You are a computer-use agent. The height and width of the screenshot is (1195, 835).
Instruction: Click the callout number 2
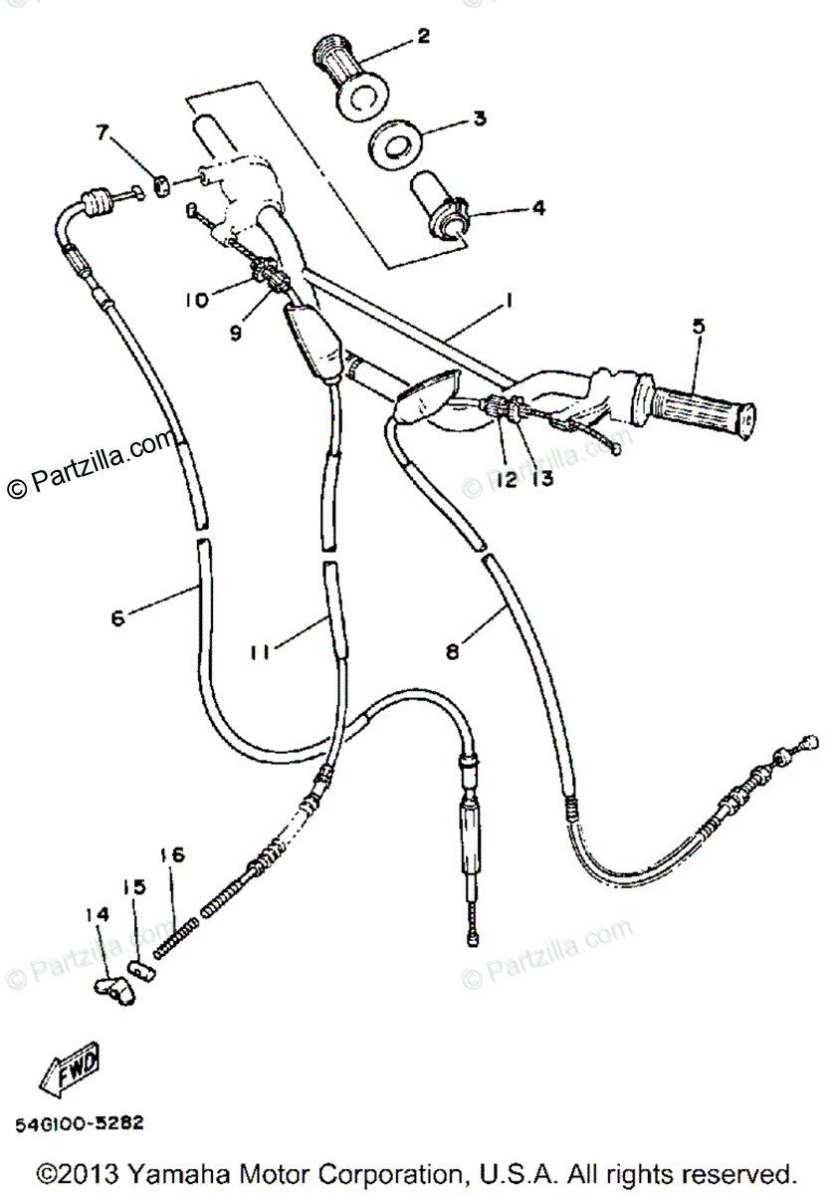(423, 37)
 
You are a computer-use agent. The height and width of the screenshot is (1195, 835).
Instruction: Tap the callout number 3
(480, 119)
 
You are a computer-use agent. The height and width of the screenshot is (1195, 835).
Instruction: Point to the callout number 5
(697, 325)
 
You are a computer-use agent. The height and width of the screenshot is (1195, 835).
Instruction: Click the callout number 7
(100, 131)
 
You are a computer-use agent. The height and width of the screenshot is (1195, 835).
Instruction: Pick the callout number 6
(118, 617)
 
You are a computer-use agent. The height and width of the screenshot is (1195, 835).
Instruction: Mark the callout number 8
(453, 652)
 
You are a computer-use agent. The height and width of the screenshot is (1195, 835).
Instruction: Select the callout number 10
(196, 298)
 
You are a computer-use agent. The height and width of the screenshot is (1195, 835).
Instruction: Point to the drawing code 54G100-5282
(79, 1122)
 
